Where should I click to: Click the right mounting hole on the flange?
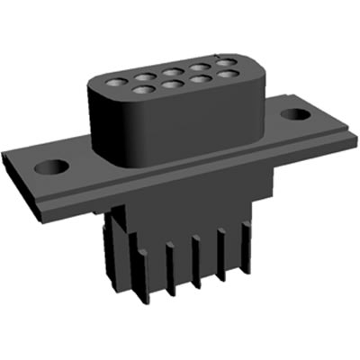(294, 115)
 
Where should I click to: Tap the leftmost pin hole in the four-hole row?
(140, 89)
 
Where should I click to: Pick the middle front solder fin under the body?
(195, 264)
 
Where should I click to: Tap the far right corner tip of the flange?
(355, 135)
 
